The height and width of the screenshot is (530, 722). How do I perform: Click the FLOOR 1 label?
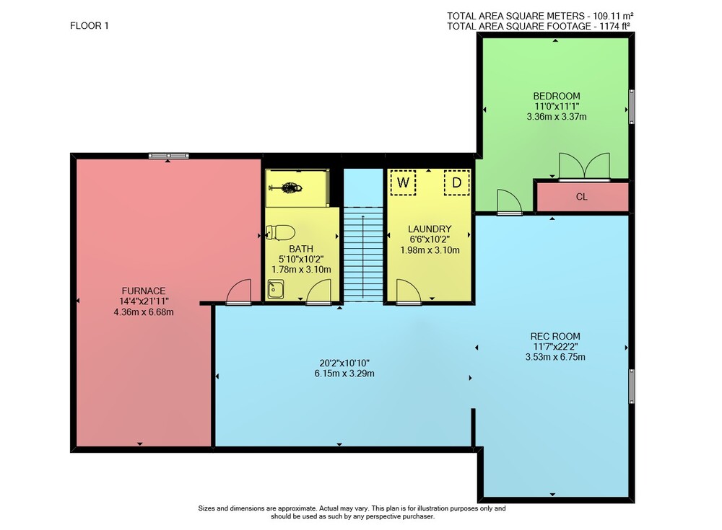90,26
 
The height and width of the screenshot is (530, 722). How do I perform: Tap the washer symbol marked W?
403,182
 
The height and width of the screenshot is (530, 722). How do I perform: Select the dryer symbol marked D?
457,182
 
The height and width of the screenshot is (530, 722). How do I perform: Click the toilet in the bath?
280,232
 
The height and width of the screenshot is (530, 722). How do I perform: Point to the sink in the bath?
276,289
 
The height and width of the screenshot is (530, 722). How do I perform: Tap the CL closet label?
581,197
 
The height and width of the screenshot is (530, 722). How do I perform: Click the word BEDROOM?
556,96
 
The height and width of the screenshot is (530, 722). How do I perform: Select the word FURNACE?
143,291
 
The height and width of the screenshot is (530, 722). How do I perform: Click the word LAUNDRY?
430,229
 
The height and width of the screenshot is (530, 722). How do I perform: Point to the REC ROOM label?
555,336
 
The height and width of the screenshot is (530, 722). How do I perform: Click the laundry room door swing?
409,292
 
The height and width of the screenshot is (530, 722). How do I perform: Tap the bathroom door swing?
319,292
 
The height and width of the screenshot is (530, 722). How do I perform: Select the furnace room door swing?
238,292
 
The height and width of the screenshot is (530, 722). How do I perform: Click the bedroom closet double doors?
584,167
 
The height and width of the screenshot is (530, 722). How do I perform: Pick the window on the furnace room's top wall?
168,156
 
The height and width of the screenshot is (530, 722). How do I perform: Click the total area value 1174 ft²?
614,26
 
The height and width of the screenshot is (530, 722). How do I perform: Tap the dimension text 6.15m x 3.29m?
344,374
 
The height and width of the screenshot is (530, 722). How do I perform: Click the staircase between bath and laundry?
363,254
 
